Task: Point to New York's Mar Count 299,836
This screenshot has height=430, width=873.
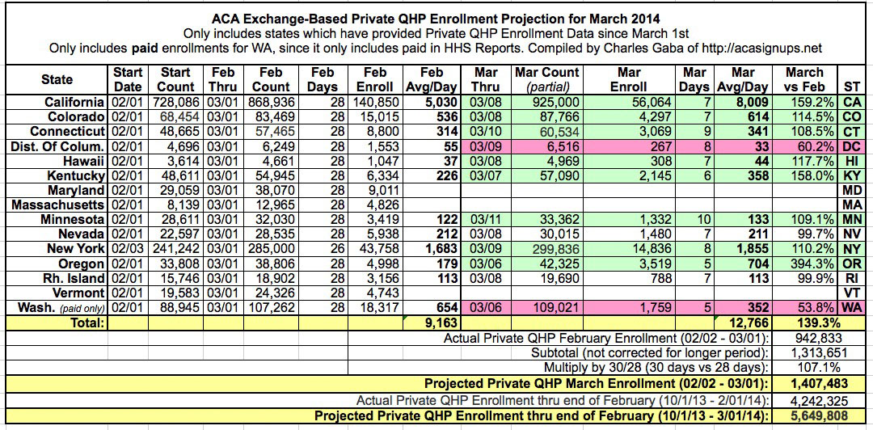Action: [x=547, y=248]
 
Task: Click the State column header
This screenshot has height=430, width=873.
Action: [x=57, y=79]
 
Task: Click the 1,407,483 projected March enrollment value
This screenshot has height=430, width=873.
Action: [x=812, y=382]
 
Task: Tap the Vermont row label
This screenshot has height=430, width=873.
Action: [x=80, y=292]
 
